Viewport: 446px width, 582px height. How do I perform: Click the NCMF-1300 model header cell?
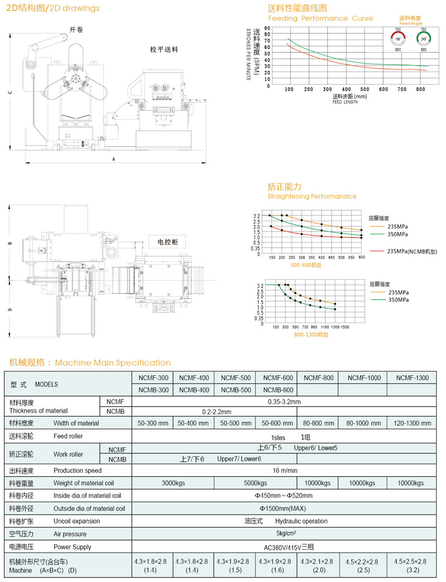click(413, 378)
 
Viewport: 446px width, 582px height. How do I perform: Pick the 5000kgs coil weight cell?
click(256, 483)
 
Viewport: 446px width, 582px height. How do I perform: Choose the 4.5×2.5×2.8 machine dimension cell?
click(413, 561)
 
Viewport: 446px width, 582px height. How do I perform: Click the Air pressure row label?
click(69, 534)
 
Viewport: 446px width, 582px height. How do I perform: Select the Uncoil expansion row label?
click(76, 521)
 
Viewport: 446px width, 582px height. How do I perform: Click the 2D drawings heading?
click(53, 8)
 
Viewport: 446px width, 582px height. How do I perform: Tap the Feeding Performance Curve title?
click(320, 18)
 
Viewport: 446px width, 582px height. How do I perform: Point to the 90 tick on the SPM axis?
click(268, 28)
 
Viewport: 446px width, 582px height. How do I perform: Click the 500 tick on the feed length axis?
click(365, 89)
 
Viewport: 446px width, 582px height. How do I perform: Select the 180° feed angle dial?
click(398, 39)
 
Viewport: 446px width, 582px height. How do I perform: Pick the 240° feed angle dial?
click(424, 39)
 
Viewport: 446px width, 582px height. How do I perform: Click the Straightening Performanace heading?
click(312, 196)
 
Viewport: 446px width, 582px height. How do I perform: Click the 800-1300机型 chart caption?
click(312, 335)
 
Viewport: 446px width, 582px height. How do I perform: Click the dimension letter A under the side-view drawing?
click(113, 159)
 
